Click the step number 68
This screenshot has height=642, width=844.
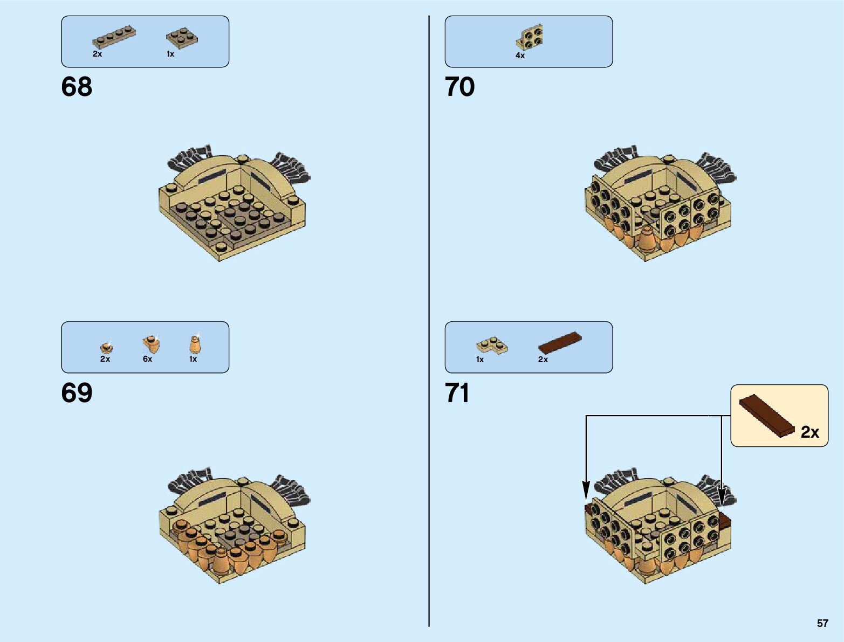tap(77, 87)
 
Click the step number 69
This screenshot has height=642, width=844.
tap(77, 393)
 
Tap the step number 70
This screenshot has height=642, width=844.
tap(459, 87)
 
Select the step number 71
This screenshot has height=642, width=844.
tap(457, 393)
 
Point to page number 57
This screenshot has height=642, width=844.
tap(822, 623)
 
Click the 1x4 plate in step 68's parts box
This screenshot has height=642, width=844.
tap(114, 38)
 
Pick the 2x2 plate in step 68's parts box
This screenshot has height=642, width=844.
tap(181, 37)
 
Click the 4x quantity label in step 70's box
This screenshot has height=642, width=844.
tap(520, 56)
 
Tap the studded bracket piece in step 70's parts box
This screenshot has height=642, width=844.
tap(531, 37)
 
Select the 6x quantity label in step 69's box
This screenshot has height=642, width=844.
tap(147, 359)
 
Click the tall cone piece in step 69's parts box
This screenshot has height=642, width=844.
tap(195, 344)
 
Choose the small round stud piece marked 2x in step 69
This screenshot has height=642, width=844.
tap(106, 347)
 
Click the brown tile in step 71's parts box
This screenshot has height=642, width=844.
tap(560, 342)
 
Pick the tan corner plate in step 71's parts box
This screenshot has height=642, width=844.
tap(492, 345)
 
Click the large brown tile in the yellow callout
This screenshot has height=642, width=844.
tap(766, 415)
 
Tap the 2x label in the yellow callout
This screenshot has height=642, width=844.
tap(809, 432)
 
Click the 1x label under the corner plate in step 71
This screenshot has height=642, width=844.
tap(480, 360)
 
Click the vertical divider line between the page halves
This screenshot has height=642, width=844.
tap(429, 323)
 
